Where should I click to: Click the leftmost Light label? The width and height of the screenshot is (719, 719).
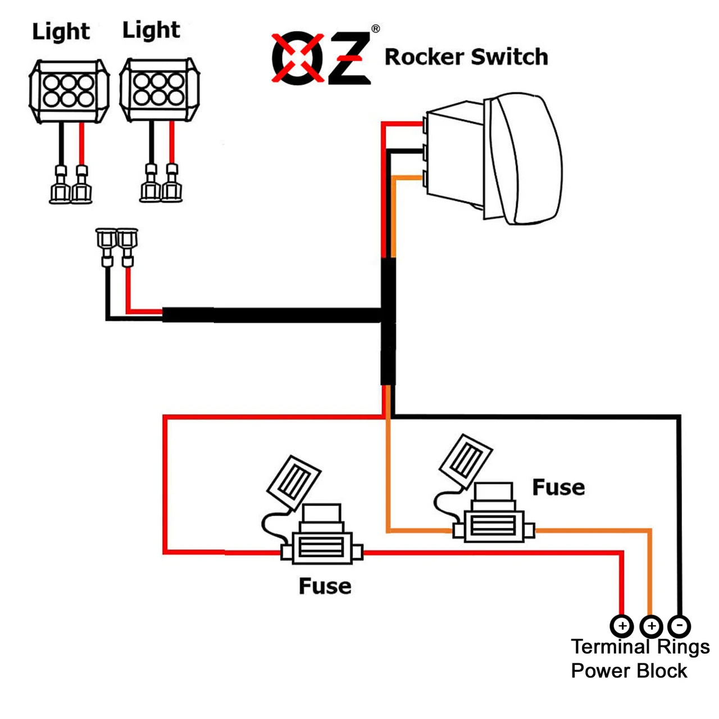pos(61,31)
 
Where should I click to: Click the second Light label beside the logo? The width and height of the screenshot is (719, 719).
pos(151,30)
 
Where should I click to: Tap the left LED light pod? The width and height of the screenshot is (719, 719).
pos(69,91)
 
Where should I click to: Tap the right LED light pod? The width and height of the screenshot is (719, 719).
pos(159,90)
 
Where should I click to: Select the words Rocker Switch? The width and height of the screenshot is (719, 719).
pos(466,57)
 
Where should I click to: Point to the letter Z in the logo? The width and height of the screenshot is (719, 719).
pos(349,59)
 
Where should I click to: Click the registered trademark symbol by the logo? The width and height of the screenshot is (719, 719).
pos(375,29)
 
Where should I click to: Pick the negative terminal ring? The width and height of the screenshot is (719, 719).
pos(679,625)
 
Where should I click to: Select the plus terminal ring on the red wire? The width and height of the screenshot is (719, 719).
pos(621,625)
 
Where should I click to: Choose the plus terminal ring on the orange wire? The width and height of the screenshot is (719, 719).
pos(650,625)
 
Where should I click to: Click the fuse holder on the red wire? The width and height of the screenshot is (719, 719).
pos(322,545)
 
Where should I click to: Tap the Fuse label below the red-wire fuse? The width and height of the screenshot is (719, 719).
pos(325,586)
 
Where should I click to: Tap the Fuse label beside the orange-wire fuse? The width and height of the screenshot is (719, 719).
pos(558,487)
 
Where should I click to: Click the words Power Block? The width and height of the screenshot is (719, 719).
pos(629,671)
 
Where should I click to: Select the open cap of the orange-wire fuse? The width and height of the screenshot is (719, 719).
pos(466,460)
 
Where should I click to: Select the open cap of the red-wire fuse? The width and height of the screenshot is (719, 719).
pos(293,482)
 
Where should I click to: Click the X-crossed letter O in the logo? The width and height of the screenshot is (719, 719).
pos(298,59)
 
